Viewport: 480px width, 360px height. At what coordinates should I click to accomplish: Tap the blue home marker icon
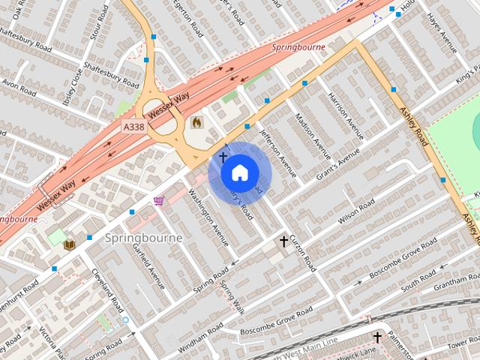click(x=238, y=173)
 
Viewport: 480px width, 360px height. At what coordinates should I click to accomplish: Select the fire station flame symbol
click(x=196, y=121)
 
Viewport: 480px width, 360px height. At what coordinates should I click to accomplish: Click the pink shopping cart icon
click(x=159, y=201)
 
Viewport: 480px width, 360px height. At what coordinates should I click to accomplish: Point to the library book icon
click(x=69, y=244)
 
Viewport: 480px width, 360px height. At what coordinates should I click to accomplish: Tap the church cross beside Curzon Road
click(x=283, y=241)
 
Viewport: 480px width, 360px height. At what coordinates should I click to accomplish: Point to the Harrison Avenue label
click(x=346, y=116)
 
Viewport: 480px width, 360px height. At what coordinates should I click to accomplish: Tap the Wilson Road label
click(x=356, y=211)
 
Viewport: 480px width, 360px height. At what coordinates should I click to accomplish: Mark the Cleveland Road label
click(x=108, y=291)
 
